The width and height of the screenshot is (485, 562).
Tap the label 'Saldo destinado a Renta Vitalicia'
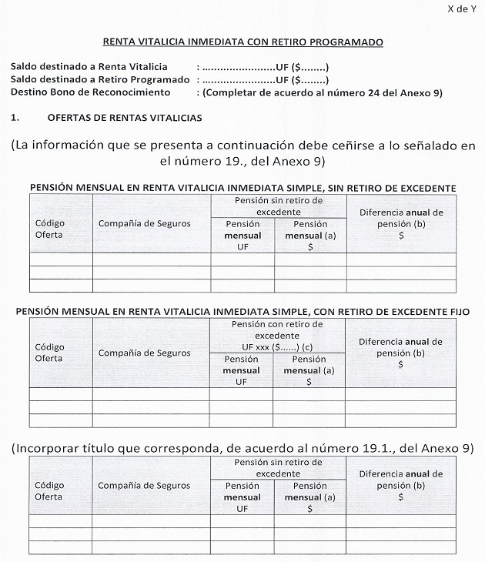pyautogui.click(x=89, y=67)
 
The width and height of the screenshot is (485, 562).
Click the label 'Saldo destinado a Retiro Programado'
pyautogui.click(x=100, y=79)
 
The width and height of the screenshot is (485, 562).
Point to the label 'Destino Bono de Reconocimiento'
pyautogui.click(x=90, y=92)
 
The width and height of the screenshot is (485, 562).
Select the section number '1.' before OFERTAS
pyautogui.click(x=15, y=118)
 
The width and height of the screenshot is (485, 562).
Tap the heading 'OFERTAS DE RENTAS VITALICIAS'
pyautogui.click(x=124, y=118)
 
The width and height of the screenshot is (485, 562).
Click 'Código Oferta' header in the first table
pyautogui.click(x=50, y=229)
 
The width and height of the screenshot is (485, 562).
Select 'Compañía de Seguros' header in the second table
pyautogui.click(x=144, y=353)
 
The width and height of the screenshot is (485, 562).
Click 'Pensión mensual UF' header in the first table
pyautogui.click(x=242, y=236)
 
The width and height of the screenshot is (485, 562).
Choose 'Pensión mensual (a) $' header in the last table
pyautogui.click(x=309, y=497)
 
